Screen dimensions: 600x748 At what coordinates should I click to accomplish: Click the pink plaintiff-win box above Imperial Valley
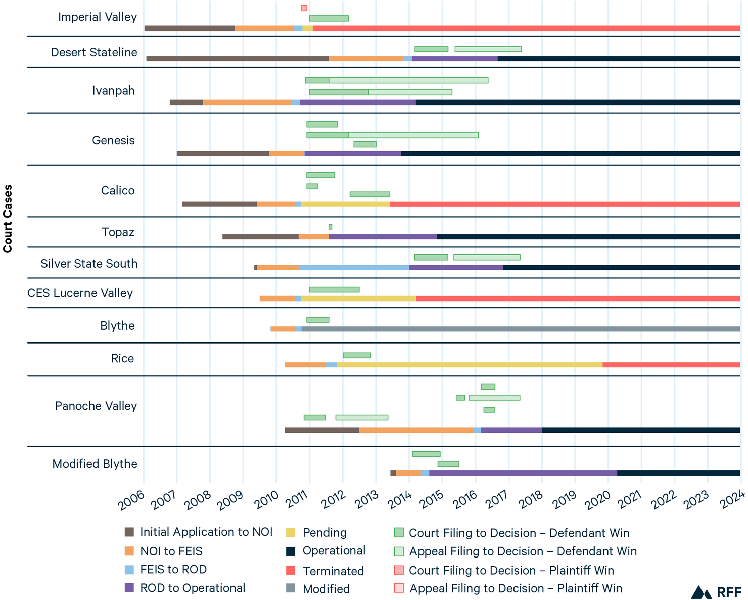click(304, 8)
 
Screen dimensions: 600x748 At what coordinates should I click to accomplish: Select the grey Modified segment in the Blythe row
click(521, 329)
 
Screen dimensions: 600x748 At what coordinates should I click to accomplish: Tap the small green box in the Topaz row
click(330, 227)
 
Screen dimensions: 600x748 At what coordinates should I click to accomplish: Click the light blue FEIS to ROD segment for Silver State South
click(354, 268)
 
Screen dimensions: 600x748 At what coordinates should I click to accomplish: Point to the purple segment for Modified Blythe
click(523, 473)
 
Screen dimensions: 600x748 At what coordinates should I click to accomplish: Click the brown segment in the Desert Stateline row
click(238, 59)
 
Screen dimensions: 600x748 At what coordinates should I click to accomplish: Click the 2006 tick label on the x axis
click(132, 501)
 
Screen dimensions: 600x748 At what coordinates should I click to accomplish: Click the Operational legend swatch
click(291, 551)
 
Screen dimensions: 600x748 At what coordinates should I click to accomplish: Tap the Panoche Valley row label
click(96, 406)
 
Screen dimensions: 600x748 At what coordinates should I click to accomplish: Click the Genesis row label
click(113, 140)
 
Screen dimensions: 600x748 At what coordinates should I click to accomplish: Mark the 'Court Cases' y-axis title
click(8, 219)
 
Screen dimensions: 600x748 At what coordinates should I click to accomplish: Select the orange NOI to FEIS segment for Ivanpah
click(247, 102)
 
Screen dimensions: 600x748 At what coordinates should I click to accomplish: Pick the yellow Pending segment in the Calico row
click(345, 204)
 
